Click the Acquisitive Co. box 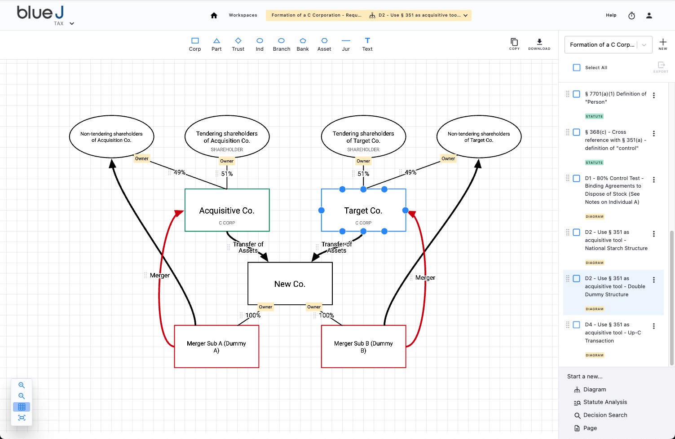coord(227,210)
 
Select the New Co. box coord(290,284)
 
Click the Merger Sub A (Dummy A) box coord(216,347)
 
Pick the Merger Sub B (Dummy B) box coord(363,347)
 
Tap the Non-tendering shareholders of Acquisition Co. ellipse coord(111,137)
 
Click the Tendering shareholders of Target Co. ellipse coord(363,137)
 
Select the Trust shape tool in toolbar coord(238,44)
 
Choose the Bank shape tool coord(303,44)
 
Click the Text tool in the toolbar coord(367,44)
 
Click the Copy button coord(514,44)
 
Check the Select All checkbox coord(577,68)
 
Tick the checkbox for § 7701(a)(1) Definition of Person coord(577,94)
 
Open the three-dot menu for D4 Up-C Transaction coord(654,326)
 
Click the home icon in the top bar coord(214,15)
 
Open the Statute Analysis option coord(605,402)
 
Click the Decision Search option coord(605,415)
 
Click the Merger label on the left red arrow coord(160,275)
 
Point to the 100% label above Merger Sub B coord(326,316)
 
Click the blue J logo coord(40,13)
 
